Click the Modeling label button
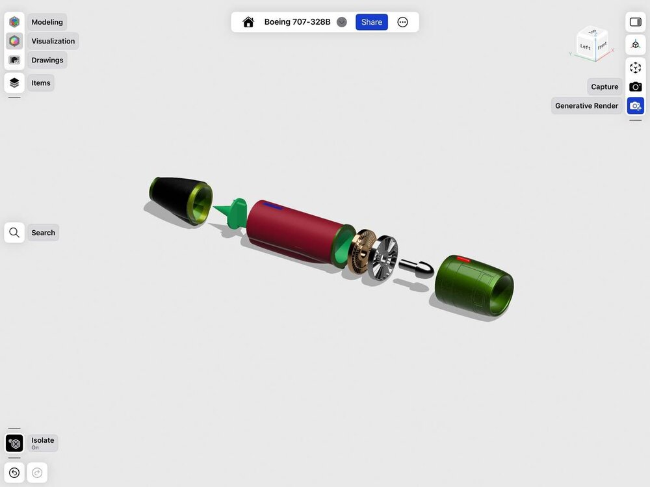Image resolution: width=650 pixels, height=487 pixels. (x=47, y=22)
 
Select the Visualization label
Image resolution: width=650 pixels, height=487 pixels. (x=53, y=41)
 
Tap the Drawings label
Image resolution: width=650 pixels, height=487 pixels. (x=47, y=60)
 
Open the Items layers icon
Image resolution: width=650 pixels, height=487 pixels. (x=14, y=83)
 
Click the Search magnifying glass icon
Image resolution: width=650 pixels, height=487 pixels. (x=14, y=233)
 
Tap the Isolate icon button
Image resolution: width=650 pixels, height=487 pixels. (x=14, y=443)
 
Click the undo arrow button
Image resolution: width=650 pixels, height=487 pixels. (x=14, y=473)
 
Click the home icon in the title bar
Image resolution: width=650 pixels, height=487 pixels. (x=248, y=22)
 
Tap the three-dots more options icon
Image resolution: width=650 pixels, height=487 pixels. (x=402, y=22)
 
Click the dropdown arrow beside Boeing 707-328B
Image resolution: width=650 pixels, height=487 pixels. (x=342, y=22)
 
